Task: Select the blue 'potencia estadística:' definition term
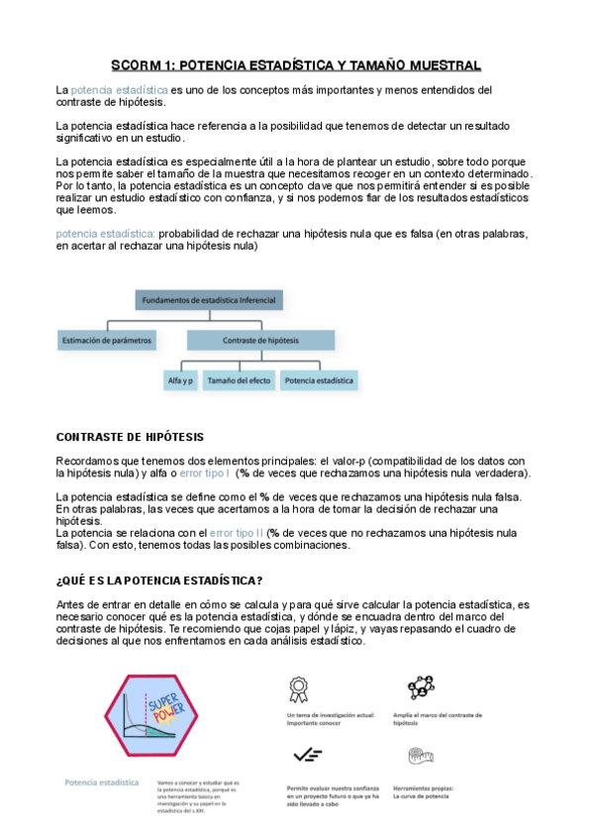tap(106, 234)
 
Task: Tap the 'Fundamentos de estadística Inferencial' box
tap(210, 298)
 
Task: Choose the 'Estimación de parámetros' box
tap(107, 340)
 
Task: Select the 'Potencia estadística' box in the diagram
tap(319, 379)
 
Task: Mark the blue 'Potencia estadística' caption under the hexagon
tap(101, 783)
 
